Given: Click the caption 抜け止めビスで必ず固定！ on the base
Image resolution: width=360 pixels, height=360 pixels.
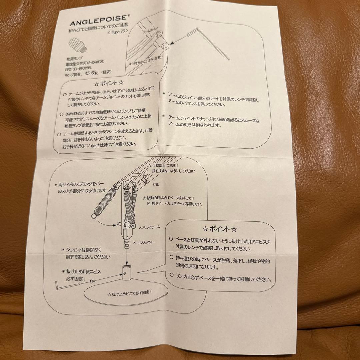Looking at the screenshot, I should point(130,293).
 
